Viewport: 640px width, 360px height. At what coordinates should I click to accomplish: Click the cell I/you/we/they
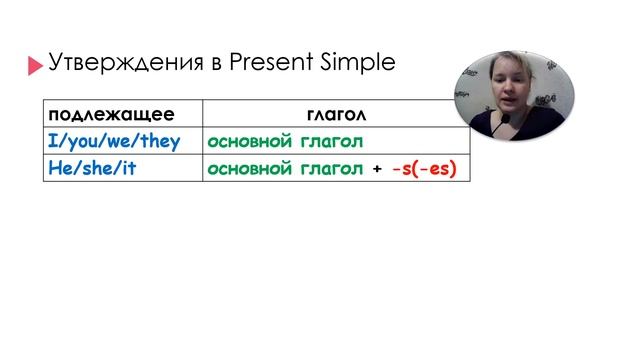[114, 141]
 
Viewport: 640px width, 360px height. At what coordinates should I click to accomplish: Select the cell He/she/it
[92, 168]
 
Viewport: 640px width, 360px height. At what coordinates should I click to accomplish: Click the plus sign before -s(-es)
[377, 168]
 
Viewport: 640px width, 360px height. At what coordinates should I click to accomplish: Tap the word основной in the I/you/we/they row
[250, 141]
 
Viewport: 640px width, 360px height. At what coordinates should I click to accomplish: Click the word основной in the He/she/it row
[250, 168]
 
